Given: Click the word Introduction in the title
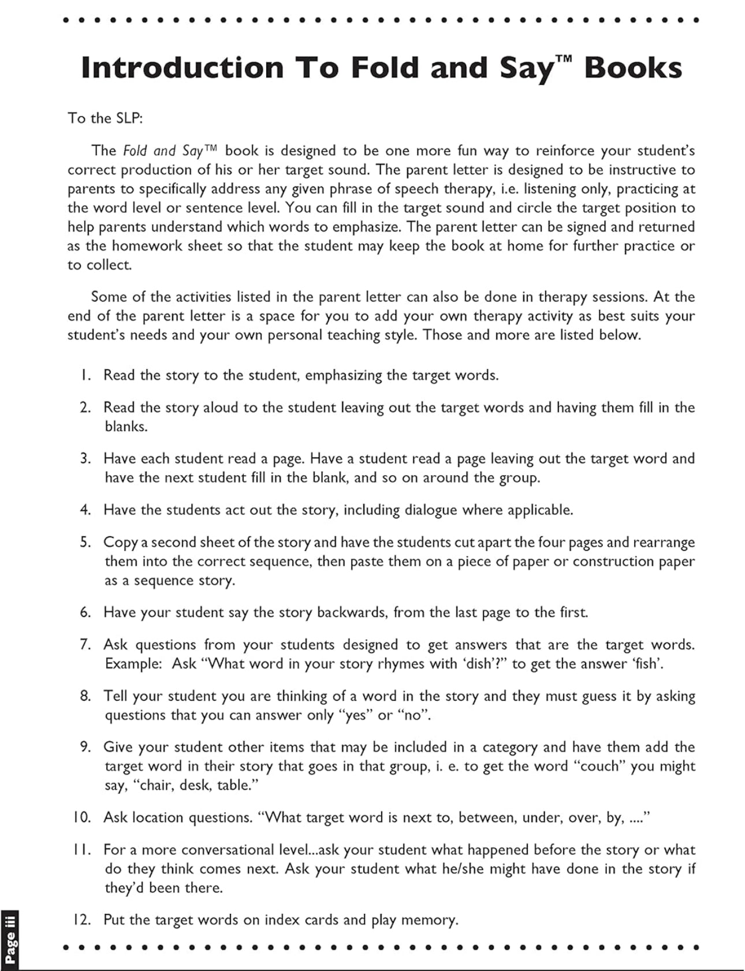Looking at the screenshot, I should click(x=182, y=68).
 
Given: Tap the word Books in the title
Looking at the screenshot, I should click(x=633, y=68).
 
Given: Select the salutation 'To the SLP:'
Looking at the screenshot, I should click(x=105, y=118).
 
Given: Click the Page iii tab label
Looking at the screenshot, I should click(x=10, y=940).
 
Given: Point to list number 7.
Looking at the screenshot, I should click(x=85, y=644).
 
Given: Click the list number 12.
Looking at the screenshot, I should click(x=82, y=920).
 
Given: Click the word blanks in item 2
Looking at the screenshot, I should click(x=125, y=427).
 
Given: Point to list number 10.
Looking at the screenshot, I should click(x=82, y=817).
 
